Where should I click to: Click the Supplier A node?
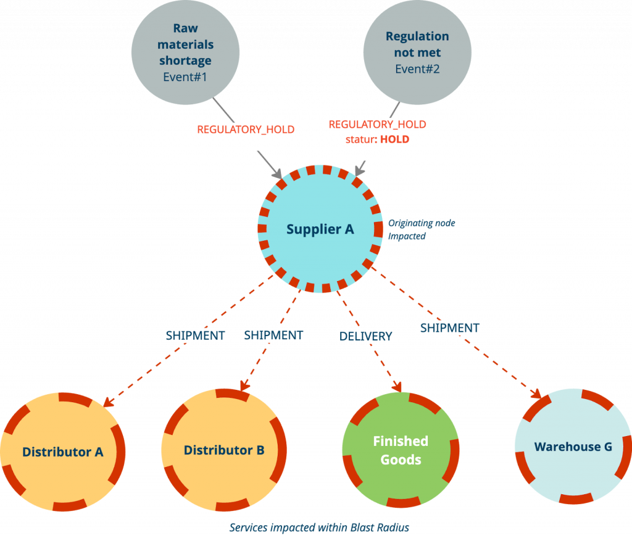(320, 229)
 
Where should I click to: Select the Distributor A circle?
(62, 452)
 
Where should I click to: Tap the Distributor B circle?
(224, 450)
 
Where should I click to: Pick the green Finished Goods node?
(401, 450)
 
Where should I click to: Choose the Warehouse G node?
(573, 447)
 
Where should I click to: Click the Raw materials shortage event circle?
(185, 52)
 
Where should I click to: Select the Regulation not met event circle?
(417, 52)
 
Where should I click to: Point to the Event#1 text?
(185, 77)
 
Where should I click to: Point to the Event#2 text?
(417, 69)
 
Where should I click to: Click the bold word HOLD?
(394, 139)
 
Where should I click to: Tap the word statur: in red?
(361, 140)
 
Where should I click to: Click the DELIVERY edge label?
(365, 336)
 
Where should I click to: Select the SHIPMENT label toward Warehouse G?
(450, 328)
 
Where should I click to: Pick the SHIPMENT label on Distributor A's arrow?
(195, 335)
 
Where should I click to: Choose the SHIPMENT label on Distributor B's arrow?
(273, 335)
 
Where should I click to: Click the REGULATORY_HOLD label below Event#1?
(246, 130)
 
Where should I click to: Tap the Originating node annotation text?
(422, 223)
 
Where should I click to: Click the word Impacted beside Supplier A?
(407, 236)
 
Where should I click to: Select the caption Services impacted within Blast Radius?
(319, 528)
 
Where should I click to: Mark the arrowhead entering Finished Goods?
(397, 387)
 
